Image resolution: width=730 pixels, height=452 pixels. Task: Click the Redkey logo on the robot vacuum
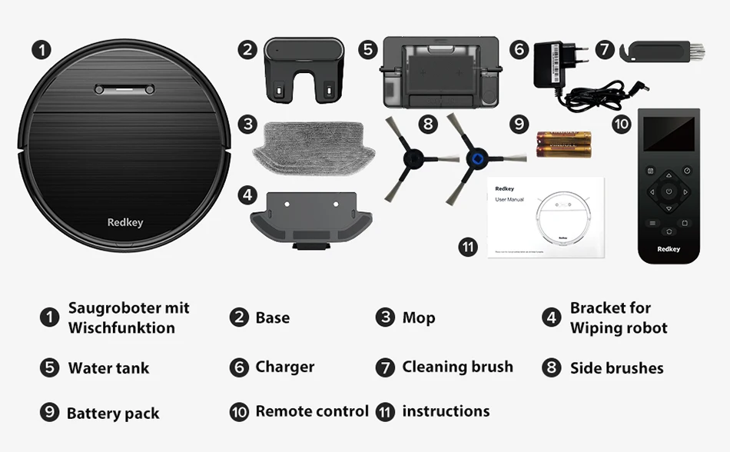[x=125, y=223]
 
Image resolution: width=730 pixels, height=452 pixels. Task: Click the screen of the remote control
[x=669, y=134]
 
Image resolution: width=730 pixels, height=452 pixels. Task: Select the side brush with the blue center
[x=476, y=159]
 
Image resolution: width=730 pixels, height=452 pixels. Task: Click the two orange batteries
[x=563, y=144]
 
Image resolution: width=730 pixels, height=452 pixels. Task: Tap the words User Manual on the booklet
[x=509, y=199]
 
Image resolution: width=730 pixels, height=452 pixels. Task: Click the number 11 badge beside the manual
[x=468, y=248]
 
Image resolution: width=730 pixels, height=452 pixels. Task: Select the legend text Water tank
[x=108, y=368]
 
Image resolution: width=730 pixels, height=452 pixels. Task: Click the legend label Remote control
[x=312, y=411]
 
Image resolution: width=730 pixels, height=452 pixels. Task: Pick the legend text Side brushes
[x=616, y=368]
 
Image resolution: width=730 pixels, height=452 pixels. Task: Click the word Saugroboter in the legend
[x=107, y=308]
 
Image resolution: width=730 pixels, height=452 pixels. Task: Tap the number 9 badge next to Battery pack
[x=50, y=413]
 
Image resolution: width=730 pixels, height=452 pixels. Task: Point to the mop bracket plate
[x=310, y=218]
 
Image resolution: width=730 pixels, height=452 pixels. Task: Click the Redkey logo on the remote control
[x=669, y=249]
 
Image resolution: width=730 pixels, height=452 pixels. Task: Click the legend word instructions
[x=446, y=411]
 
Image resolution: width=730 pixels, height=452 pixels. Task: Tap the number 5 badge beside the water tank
[x=369, y=50]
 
